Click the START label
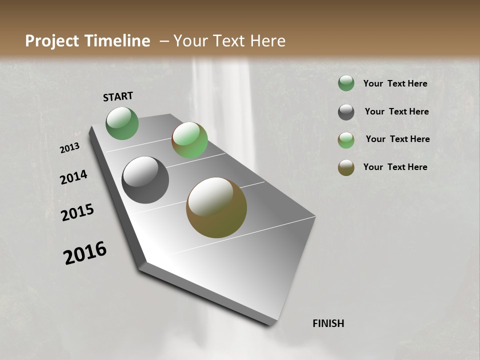[118, 96]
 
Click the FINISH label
[328, 323]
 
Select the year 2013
[69, 148]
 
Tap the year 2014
[73, 177]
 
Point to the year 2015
[77, 212]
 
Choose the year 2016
[85, 253]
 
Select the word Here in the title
[267, 41]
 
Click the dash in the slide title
[164, 41]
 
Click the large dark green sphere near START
[122, 123]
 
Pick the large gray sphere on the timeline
[145, 180]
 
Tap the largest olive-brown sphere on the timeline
[216, 207]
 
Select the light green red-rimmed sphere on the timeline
[189, 140]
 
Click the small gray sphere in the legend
[346, 112]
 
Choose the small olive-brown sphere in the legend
[346, 167]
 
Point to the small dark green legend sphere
[346, 83]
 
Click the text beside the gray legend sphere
[396, 111]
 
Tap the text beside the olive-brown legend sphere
[395, 167]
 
